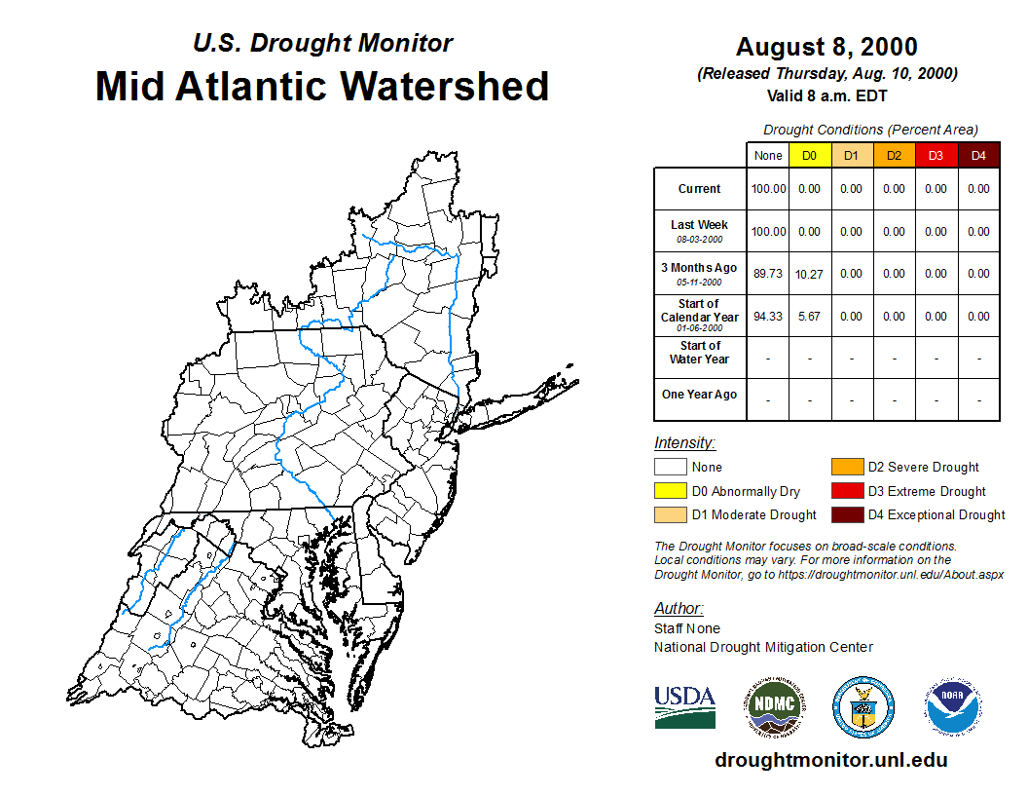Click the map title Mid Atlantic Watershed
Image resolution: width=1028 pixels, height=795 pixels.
pyautogui.click(x=321, y=86)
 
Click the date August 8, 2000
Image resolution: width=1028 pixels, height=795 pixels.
pyautogui.click(x=826, y=47)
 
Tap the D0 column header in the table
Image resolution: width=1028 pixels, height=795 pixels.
pyautogui.click(x=809, y=156)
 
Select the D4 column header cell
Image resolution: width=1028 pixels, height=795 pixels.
pyautogui.click(x=978, y=156)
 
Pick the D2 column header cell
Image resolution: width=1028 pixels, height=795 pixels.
pyautogui.click(x=894, y=156)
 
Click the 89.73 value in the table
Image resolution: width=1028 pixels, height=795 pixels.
pyautogui.click(x=768, y=274)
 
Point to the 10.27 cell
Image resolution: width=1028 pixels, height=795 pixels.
pyautogui.click(x=809, y=274)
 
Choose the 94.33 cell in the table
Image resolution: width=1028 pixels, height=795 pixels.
pyautogui.click(x=768, y=317)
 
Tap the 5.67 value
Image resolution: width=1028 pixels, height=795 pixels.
pyautogui.click(x=809, y=317)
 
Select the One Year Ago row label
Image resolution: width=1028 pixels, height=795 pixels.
pyautogui.click(x=700, y=395)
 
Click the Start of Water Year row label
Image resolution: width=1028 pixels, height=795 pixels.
pyautogui.click(x=700, y=353)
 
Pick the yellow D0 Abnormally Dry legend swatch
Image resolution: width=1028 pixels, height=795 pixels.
pyautogui.click(x=670, y=491)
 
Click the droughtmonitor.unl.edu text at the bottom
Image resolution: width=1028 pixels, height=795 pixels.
pyautogui.click(x=830, y=760)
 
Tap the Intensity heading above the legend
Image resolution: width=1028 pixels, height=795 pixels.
pyautogui.click(x=684, y=443)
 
